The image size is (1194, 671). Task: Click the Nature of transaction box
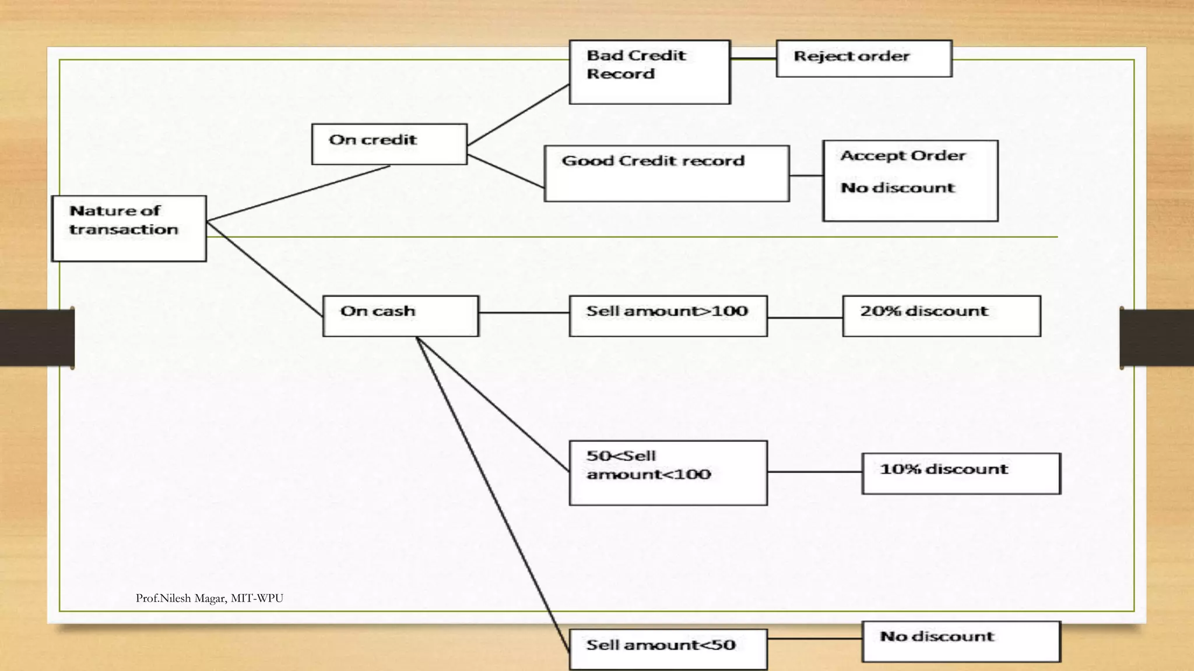(129, 228)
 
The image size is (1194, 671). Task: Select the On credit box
(389, 144)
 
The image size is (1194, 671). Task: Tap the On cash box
(401, 316)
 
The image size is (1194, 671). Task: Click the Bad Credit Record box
(649, 72)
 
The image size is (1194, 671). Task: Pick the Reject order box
(863, 58)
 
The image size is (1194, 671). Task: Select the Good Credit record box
(666, 174)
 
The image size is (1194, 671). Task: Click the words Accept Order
(903, 156)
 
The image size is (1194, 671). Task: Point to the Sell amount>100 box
(668, 316)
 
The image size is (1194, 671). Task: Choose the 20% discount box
(941, 316)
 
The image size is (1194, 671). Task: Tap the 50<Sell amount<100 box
(668, 472)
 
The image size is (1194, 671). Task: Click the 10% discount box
(961, 473)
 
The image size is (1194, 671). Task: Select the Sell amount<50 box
(668, 648)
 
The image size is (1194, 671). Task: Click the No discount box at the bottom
(961, 641)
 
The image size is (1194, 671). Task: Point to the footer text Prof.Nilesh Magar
(209, 598)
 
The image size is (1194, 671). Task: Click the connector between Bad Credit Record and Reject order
(753, 58)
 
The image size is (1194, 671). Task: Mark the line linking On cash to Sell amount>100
(524, 313)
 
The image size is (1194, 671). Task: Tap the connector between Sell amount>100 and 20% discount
(805, 317)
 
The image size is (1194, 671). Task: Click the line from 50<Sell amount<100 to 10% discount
(814, 472)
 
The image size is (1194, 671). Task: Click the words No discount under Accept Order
(897, 188)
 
